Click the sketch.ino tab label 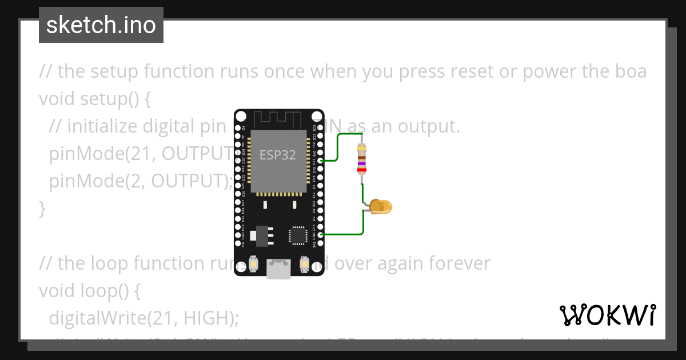tap(101, 25)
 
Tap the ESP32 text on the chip tap(278, 155)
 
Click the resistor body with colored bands tap(361, 158)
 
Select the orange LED tap(381, 207)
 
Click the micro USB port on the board tap(278, 269)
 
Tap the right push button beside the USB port tap(304, 264)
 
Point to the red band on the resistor tap(361, 170)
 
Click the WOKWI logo tap(607, 315)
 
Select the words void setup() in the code tap(95, 99)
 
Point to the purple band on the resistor tap(361, 163)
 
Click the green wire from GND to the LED tap(343, 234)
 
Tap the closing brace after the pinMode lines tap(42, 209)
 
